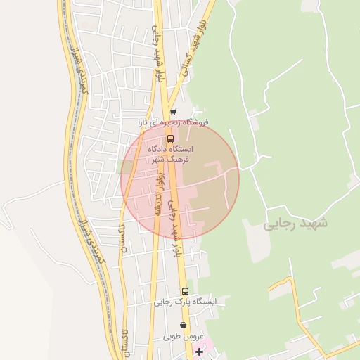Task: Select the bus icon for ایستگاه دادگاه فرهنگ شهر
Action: click(x=170, y=139)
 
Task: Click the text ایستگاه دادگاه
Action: click(x=170, y=149)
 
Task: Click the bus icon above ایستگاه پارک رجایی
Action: click(x=185, y=290)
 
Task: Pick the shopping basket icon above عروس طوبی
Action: click(x=184, y=326)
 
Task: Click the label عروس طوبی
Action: click(x=181, y=336)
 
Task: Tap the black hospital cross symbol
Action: click(x=199, y=351)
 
